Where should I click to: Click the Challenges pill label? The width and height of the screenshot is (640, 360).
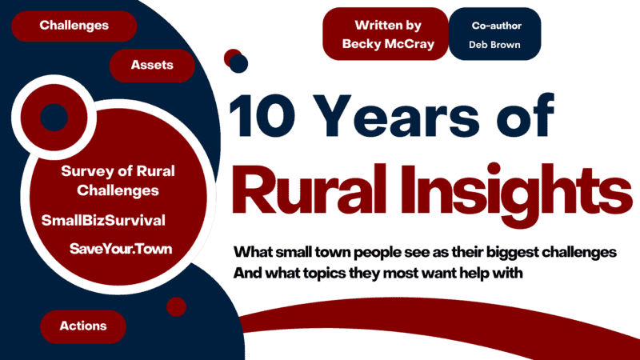(74, 26)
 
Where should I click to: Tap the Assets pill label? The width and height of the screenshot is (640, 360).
(152, 66)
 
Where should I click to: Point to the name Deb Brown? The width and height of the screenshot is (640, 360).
(494, 45)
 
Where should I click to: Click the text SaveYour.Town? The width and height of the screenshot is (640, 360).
(121, 249)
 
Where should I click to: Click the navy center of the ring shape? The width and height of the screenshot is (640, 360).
(54, 117)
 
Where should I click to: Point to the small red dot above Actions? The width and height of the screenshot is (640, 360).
(176, 306)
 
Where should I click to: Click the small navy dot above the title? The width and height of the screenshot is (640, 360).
(239, 63)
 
